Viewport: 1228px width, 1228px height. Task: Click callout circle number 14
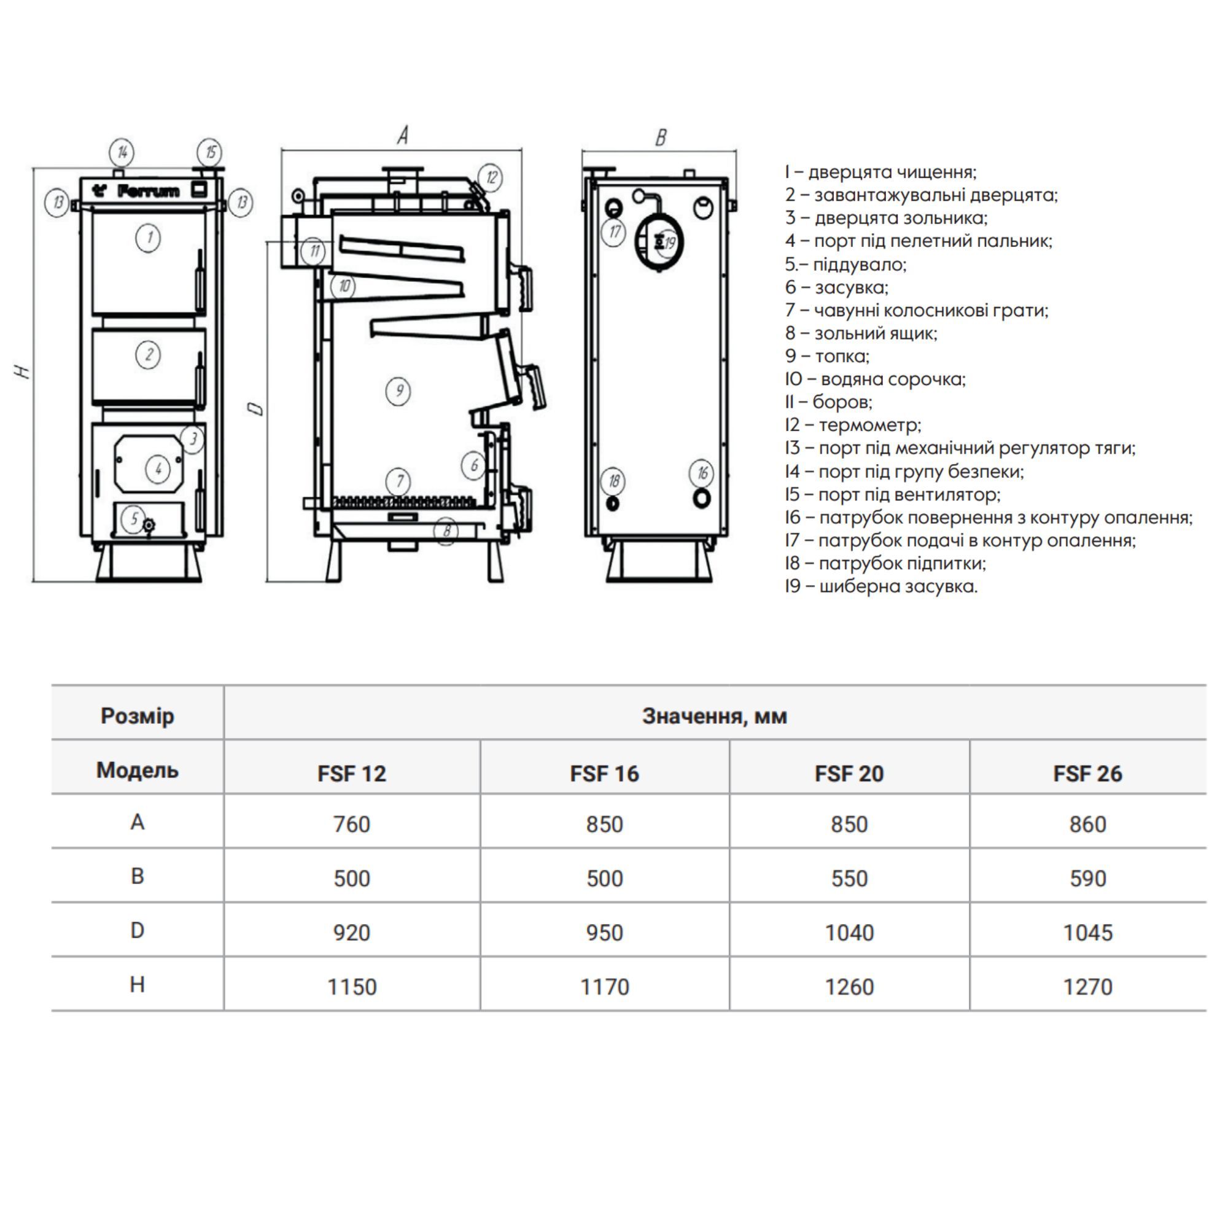(x=122, y=152)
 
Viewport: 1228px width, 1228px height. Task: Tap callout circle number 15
(x=210, y=152)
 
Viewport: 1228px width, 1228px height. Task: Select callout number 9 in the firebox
(x=398, y=391)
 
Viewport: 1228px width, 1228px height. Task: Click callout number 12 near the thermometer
(x=491, y=177)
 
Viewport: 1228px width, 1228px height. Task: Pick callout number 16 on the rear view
(x=702, y=473)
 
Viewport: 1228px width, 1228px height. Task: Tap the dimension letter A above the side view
(x=402, y=135)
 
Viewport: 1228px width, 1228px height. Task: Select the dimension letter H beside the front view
(x=23, y=371)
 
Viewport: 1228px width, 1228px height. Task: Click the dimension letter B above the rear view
(x=661, y=138)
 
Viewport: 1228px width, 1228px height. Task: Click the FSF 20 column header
(x=849, y=774)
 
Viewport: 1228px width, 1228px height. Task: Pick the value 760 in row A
(x=351, y=825)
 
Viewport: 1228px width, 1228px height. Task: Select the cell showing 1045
(x=1087, y=933)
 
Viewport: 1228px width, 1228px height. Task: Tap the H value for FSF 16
(x=604, y=987)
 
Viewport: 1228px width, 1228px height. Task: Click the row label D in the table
(x=138, y=931)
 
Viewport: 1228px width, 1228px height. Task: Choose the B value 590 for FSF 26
(x=1087, y=879)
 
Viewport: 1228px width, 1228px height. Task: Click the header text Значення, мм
(x=715, y=717)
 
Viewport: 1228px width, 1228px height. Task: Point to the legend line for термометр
(x=853, y=425)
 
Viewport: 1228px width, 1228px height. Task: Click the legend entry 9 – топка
(x=827, y=356)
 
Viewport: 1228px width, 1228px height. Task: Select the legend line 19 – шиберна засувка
(x=881, y=586)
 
